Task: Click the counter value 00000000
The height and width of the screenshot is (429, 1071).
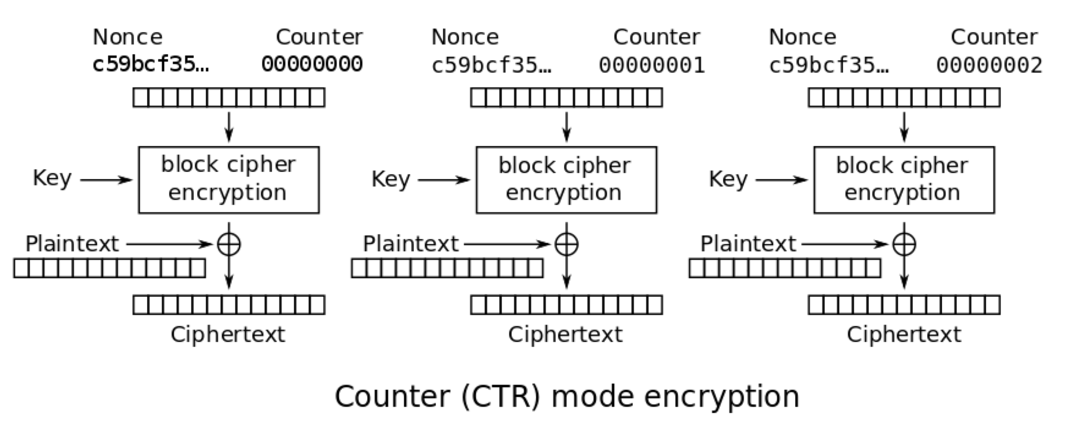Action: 312,64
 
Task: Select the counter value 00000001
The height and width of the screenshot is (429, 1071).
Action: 651,65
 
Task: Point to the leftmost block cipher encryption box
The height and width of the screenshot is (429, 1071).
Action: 229,180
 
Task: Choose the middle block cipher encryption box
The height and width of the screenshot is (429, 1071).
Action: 566,180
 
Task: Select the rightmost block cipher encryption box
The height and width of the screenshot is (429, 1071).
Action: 904,180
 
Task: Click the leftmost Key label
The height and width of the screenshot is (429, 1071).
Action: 52,178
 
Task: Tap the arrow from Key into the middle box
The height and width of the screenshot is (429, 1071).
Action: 443,180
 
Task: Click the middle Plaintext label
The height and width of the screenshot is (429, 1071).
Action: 410,243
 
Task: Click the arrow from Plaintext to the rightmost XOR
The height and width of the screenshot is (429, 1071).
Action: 844,244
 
